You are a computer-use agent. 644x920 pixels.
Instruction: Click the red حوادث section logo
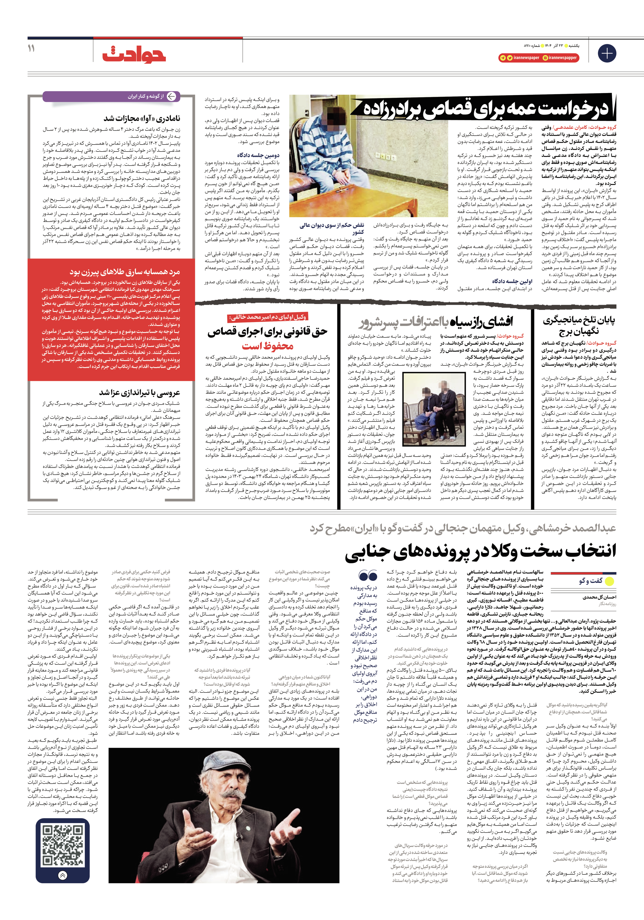134,54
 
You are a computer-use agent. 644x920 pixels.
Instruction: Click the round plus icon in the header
607,53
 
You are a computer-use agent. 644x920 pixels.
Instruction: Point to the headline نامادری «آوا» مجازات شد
142,118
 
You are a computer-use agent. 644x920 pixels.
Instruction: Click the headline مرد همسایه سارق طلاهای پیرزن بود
125,272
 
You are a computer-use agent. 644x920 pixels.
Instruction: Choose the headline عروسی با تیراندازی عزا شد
139,392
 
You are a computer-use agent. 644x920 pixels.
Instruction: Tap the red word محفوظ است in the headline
267,346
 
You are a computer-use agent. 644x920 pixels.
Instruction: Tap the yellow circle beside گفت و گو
609,581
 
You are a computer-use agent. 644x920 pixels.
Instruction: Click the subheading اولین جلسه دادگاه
512,281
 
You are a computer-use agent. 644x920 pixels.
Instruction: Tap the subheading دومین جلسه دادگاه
258,155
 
